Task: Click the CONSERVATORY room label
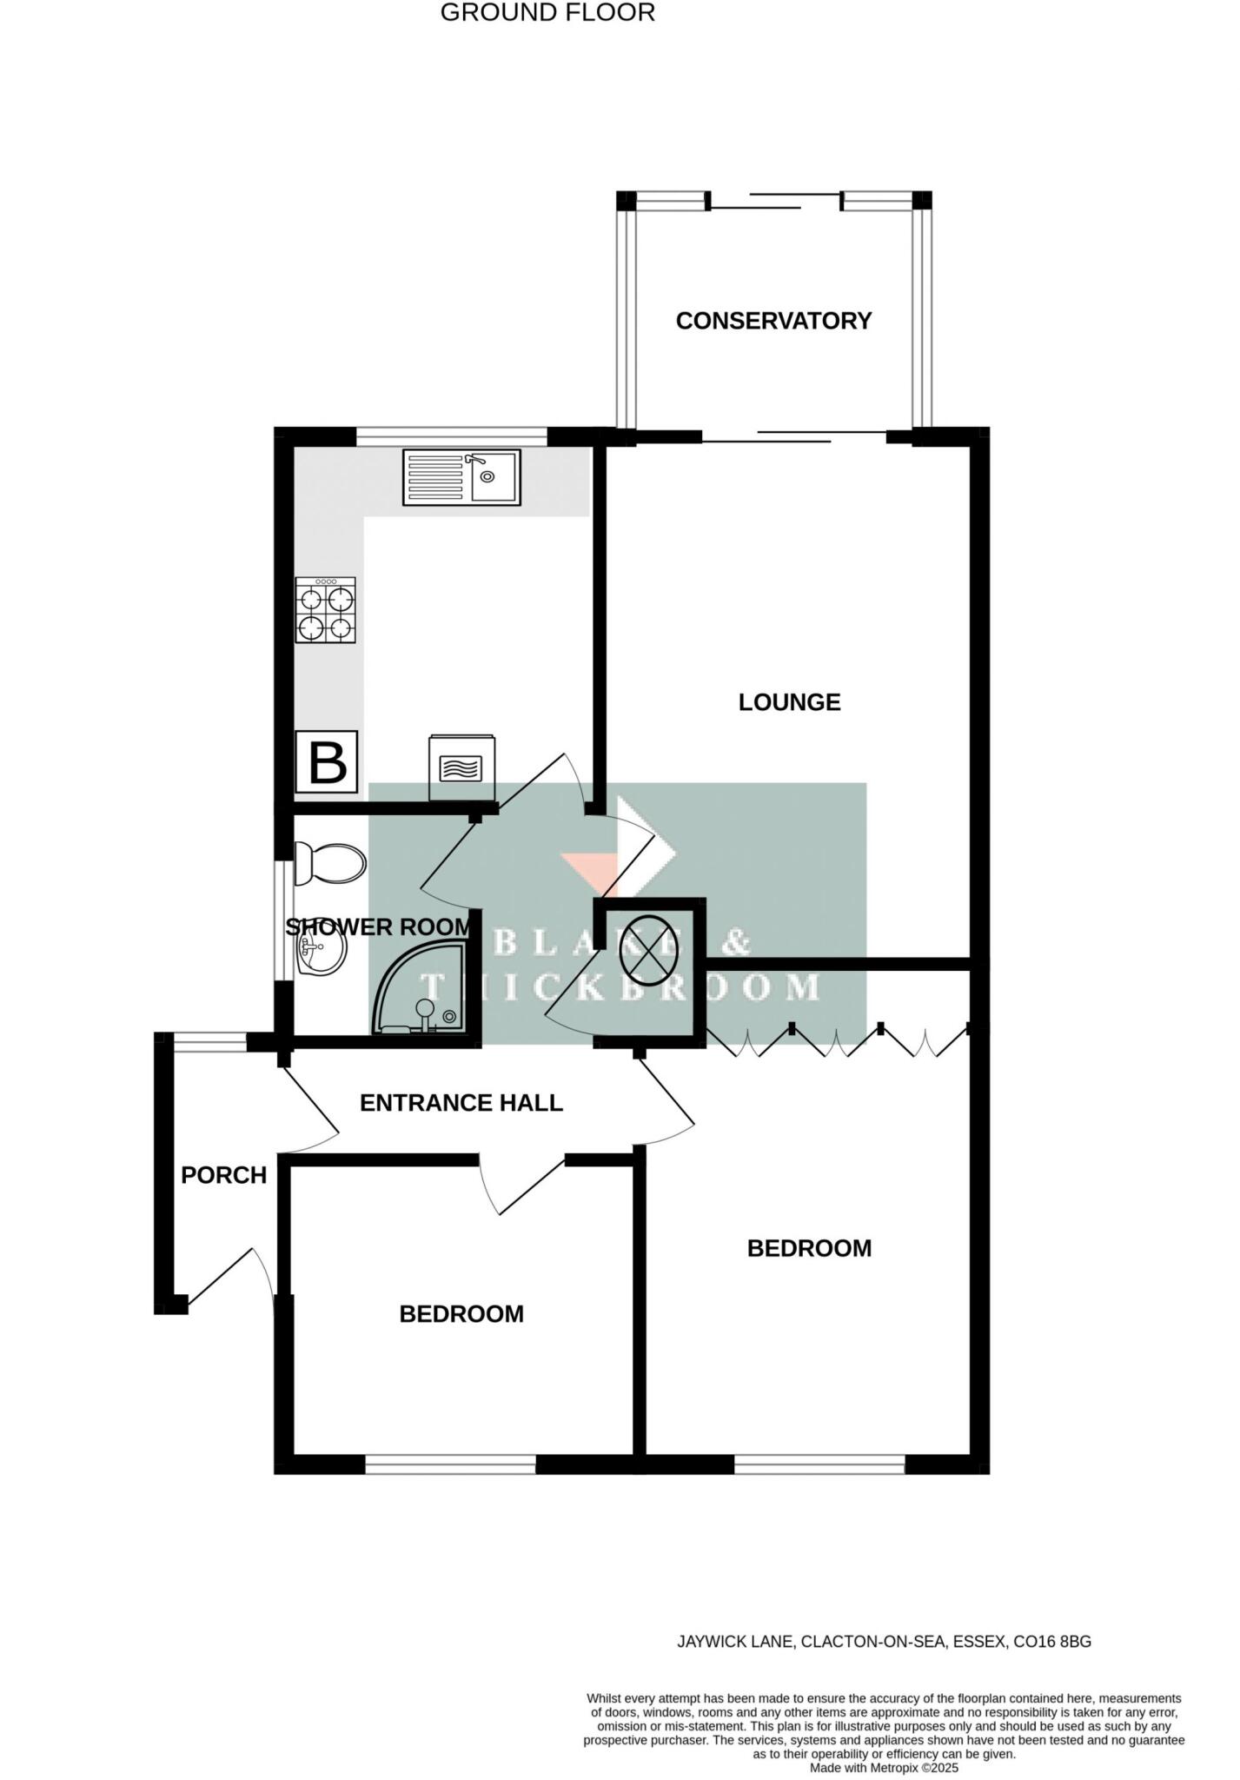pos(773,321)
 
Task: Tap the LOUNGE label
pos(789,702)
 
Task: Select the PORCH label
pos(223,1175)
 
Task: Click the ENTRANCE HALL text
pos(461,1103)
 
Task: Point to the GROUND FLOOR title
pos(547,13)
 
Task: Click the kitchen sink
pos(461,477)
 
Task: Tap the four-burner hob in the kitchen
pos(326,610)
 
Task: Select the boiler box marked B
pos(327,761)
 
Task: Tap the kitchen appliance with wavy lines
pos(462,767)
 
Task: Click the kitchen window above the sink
pos(451,436)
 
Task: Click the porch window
pos(210,1042)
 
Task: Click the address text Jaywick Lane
pos(884,1642)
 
